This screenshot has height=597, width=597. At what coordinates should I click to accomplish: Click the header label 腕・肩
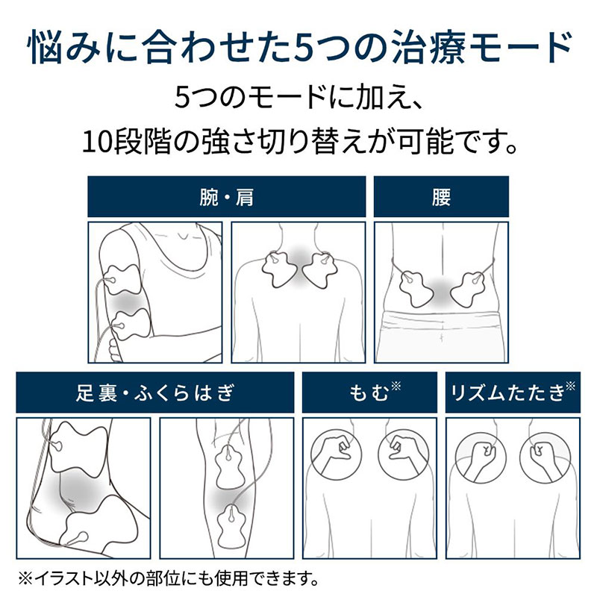(227, 197)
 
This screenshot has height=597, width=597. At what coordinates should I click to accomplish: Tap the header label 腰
(441, 197)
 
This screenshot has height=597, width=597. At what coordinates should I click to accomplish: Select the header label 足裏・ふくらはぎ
(155, 393)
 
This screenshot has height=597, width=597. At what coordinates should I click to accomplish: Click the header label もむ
(369, 393)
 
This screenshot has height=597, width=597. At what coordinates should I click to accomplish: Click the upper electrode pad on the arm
(122, 280)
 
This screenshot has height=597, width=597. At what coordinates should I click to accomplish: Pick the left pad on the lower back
(416, 289)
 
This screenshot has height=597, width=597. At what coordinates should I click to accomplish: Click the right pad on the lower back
(469, 289)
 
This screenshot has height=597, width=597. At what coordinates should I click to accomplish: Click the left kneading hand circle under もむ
(337, 454)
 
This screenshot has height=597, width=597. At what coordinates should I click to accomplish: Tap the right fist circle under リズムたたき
(546, 457)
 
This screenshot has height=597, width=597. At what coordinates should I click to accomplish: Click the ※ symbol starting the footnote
(25, 579)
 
